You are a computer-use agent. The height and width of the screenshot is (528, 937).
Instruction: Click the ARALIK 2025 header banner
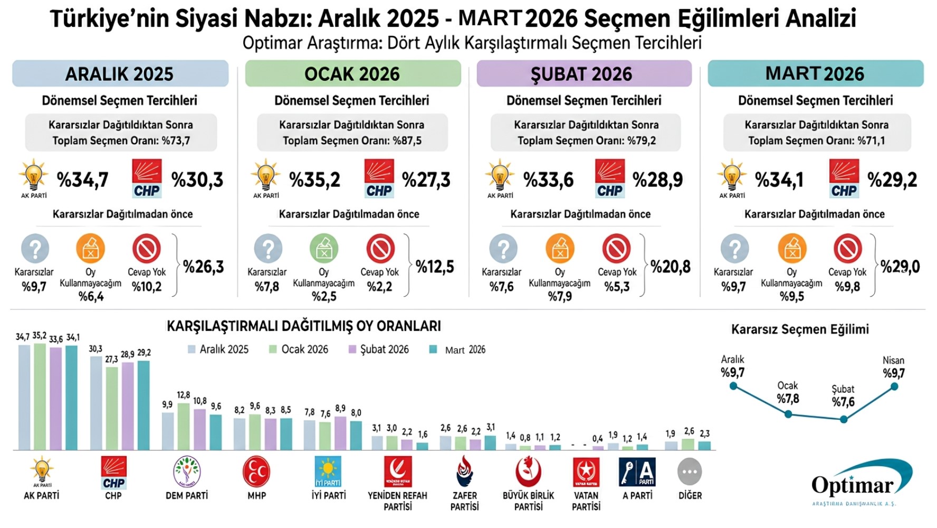click(120, 73)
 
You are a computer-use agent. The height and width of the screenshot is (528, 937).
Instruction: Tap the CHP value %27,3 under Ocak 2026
click(426, 180)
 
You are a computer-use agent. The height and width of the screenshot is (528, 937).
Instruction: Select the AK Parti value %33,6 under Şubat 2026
click(548, 180)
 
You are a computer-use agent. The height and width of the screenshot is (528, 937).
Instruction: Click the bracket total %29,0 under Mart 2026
click(900, 267)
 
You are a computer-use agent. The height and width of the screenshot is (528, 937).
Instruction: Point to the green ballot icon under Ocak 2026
click(323, 249)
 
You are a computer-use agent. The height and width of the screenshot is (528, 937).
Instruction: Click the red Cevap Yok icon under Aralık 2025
click(147, 249)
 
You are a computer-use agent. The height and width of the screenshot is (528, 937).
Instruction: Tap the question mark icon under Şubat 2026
click(503, 249)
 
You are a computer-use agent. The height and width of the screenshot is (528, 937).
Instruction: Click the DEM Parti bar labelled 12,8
click(184, 427)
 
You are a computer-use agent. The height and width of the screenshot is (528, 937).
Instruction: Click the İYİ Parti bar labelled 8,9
click(340, 433)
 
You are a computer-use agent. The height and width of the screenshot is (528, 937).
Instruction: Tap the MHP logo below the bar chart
click(256, 472)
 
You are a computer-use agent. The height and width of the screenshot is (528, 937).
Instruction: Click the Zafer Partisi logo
click(464, 472)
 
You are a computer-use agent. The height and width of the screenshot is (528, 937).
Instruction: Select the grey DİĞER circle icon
click(690, 472)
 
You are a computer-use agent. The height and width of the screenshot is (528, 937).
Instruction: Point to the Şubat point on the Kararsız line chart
click(844, 419)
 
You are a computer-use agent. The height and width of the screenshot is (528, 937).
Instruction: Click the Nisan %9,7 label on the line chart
click(893, 367)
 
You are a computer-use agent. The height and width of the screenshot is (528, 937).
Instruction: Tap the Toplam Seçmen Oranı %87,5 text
click(352, 140)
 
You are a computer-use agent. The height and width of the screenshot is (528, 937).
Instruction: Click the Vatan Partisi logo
click(586, 472)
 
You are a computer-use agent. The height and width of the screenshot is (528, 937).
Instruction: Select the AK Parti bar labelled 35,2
click(40, 397)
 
